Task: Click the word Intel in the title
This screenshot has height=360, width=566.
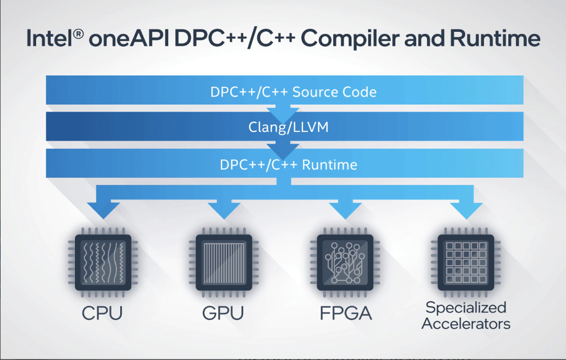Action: tap(45, 39)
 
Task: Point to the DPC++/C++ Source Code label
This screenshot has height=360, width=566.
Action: tap(293, 92)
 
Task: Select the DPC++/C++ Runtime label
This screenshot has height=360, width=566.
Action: tap(288, 164)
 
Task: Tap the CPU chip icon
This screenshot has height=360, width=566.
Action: tap(102, 262)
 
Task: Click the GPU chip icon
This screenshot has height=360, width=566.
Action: tap(223, 262)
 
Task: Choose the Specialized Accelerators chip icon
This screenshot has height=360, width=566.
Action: tap(466, 262)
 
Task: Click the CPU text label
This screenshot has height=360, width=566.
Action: tap(102, 313)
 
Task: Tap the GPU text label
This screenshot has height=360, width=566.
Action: tap(223, 313)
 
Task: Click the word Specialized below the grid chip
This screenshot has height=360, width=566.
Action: tap(466, 308)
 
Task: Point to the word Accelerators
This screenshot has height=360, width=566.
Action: tap(466, 324)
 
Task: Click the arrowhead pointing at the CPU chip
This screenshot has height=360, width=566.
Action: tap(102, 209)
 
